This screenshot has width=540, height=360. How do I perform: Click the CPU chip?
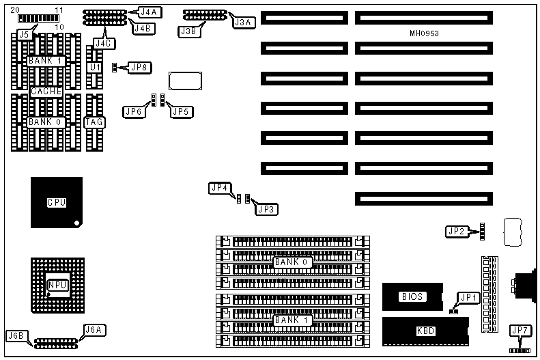click(56, 202)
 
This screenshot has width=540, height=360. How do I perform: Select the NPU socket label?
click(57, 286)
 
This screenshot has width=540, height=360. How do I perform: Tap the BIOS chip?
click(412, 296)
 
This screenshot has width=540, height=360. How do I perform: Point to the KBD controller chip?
click(426, 331)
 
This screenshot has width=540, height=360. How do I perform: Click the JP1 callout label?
click(468, 296)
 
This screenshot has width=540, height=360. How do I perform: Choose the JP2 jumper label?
click(456, 232)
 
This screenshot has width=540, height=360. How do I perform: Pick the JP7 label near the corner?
click(521, 331)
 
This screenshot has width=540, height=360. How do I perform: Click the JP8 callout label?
click(139, 67)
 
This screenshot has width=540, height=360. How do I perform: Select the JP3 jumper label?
click(266, 209)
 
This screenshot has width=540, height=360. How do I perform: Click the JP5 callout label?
click(181, 111)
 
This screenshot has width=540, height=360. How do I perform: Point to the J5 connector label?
click(25, 33)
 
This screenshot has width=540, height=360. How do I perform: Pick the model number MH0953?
click(424, 33)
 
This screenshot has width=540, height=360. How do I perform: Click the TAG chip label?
click(94, 122)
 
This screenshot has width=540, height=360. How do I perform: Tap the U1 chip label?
click(95, 68)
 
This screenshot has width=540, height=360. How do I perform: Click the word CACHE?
click(46, 91)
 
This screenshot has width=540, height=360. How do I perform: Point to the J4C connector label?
click(103, 43)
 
